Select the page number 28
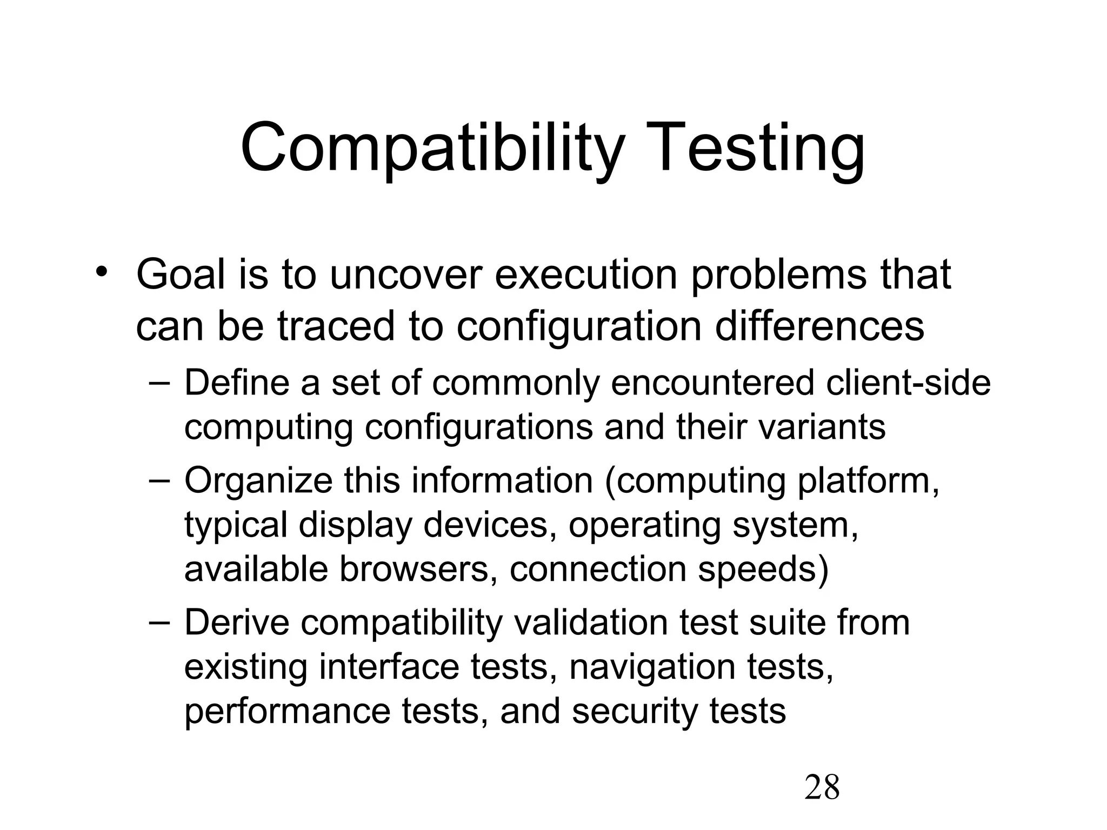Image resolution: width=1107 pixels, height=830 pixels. point(822,787)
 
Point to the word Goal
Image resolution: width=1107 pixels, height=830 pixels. point(181,275)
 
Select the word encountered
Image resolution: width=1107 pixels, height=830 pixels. point(712,383)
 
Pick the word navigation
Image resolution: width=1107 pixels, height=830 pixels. point(652,667)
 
